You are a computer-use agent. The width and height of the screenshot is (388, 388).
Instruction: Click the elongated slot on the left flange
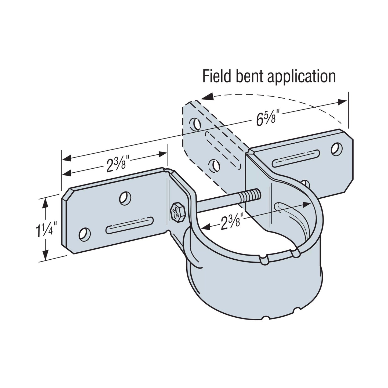(130, 225)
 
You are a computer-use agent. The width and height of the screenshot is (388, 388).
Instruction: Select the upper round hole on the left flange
(125, 198)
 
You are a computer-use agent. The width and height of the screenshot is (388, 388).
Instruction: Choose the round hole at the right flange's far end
(336, 149)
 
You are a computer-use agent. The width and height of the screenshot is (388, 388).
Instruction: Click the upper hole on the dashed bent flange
(195, 124)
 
